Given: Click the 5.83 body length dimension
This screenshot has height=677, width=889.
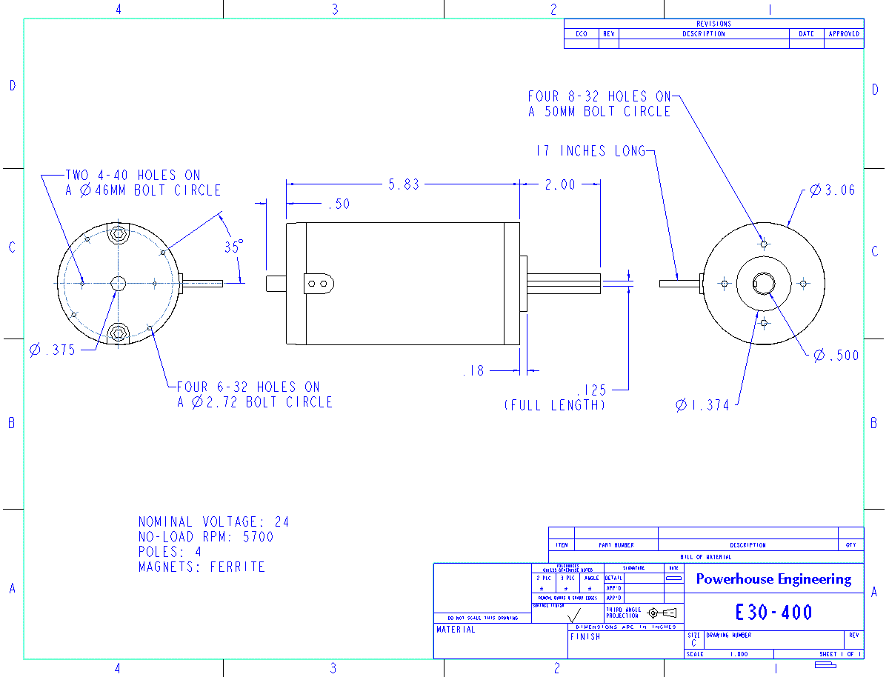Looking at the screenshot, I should point(403,184).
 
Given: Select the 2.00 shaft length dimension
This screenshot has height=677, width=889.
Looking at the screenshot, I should point(559,184).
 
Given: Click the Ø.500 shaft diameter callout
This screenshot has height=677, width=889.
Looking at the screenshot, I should point(836,356).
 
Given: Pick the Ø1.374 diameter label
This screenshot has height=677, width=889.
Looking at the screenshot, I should point(702,405).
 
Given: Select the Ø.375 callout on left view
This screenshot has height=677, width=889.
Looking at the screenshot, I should point(53,350).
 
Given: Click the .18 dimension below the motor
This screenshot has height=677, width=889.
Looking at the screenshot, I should point(473,370).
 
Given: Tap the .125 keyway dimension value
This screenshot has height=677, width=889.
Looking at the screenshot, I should point(591,390).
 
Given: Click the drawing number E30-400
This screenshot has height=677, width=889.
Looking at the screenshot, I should point(773,613).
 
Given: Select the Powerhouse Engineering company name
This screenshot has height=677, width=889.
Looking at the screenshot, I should point(773,579).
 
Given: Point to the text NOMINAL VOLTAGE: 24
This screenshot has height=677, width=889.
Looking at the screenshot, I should point(213,522).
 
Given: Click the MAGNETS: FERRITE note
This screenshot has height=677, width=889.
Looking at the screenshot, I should point(202,567).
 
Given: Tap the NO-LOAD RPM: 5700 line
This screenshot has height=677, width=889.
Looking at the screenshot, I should point(206,537).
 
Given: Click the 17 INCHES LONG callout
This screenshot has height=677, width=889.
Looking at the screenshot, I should point(590,151).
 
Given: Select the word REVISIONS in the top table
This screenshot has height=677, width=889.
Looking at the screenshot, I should point(713,24).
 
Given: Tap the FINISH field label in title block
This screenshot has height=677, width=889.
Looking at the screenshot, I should point(585,637).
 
